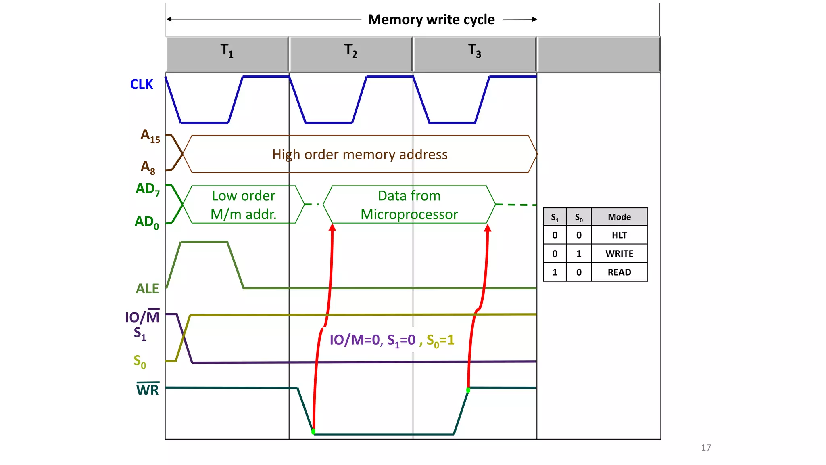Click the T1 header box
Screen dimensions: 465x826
(227, 54)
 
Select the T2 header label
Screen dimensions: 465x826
(350, 51)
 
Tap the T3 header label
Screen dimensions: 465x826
(474, 51)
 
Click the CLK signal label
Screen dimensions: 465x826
(142, 84)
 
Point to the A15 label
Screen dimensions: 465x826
(150, 136)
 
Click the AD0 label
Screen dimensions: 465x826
(146, 222)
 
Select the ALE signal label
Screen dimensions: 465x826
(147, 289)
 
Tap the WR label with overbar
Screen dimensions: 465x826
(148, 390)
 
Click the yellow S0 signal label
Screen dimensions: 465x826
(140, 361)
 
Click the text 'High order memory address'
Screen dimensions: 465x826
(360, 155)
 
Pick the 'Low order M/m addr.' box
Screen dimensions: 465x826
(244, 205)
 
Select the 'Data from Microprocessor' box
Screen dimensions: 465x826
(409, 205)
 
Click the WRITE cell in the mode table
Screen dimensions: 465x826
(619, 253)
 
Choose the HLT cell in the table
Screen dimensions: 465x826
(619, 235)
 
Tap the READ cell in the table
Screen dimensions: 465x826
(619, 272)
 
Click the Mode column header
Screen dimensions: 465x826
(619, 217)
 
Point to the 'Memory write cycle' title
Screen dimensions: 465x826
(431, 19)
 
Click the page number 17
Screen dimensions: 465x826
(706, 448)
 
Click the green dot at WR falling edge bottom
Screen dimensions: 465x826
(313, 431)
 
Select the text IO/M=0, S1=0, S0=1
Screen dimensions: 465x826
(392, 340)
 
